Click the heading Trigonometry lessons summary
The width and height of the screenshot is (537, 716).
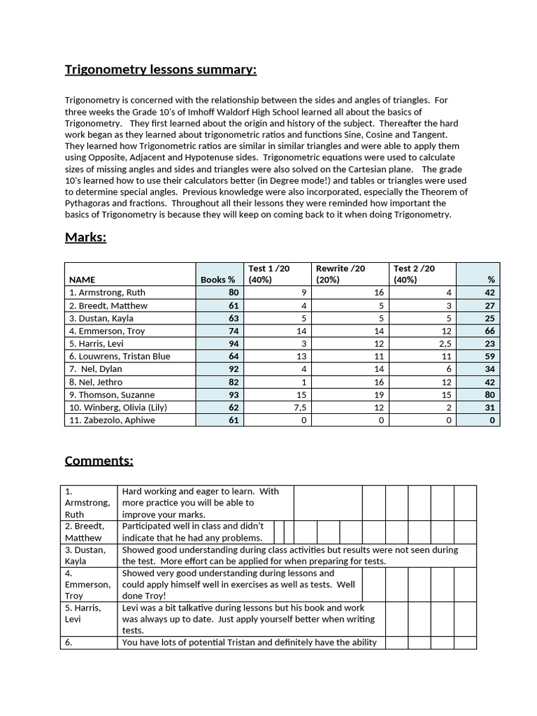coord(160,69)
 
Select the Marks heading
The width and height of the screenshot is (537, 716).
coord(85,237)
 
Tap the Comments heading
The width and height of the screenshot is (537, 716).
coord(99,460)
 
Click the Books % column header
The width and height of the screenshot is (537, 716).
coord(219,280)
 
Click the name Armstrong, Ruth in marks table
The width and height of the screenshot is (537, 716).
coord(107,292)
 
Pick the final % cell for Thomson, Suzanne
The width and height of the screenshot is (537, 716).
coord(489,394)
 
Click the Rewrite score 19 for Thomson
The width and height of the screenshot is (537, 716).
coord(379,394)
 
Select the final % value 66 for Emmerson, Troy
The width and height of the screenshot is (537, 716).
coord(489,331)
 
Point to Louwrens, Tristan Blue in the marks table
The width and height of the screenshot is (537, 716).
coord(120,356)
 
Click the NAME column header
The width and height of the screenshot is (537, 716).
coord(82,280)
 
